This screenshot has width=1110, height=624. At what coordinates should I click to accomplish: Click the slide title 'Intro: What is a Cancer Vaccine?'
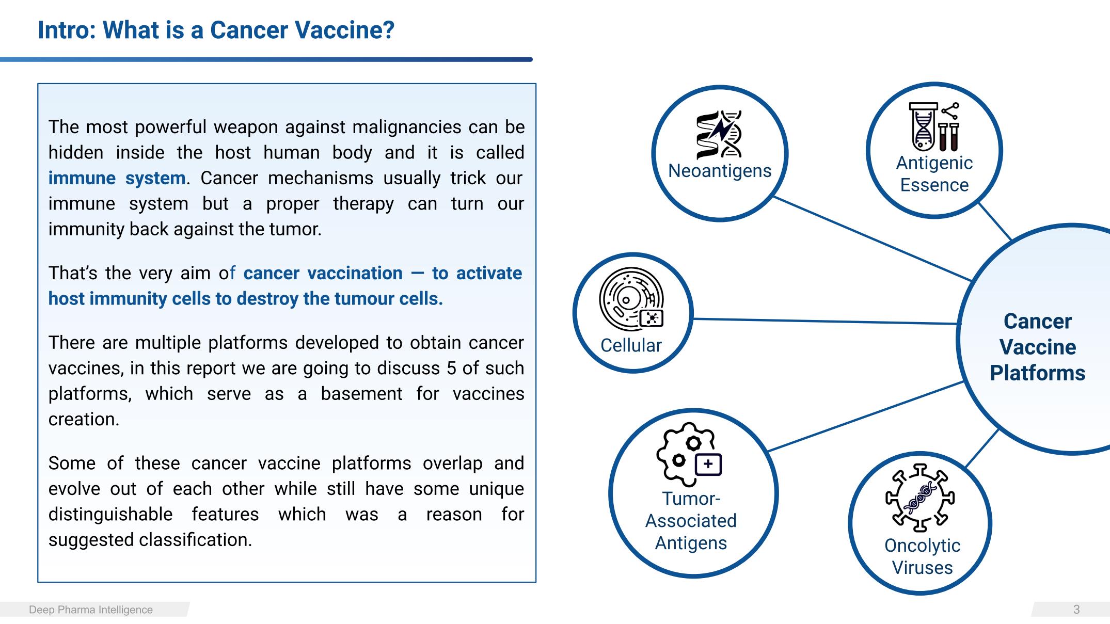click(216, 30)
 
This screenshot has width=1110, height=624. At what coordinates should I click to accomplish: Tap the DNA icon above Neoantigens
click(719, 134)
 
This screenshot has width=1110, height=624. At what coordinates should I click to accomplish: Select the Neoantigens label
click(720, 171)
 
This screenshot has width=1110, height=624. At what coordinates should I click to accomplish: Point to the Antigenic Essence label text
click(934, 174)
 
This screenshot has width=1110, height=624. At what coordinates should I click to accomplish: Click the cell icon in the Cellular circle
click(631, 299)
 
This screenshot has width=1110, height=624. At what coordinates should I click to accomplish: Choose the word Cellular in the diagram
click(631, 345)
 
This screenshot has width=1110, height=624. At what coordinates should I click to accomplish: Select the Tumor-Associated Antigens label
click(691, 521)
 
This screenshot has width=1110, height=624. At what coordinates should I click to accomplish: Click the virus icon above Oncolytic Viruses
click(920, 498)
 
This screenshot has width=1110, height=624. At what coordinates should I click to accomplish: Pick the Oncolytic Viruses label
click(922, 556)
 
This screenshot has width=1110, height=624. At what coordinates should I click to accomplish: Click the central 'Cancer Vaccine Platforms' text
click(1038, 347)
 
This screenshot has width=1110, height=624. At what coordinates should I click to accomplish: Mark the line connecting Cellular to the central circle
click(826, 322)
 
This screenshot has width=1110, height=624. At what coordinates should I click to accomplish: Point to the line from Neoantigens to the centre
click(873, 238)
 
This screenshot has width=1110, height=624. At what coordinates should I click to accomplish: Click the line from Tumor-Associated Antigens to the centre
click(866, 417)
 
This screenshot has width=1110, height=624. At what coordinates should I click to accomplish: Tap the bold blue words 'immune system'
click(117, 178)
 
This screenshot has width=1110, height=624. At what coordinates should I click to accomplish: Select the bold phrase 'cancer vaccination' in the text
click(323, 273)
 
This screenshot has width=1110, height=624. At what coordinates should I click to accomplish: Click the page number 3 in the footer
click(1076, 610)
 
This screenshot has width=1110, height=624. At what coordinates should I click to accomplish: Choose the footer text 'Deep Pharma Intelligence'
click(91, 610)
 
